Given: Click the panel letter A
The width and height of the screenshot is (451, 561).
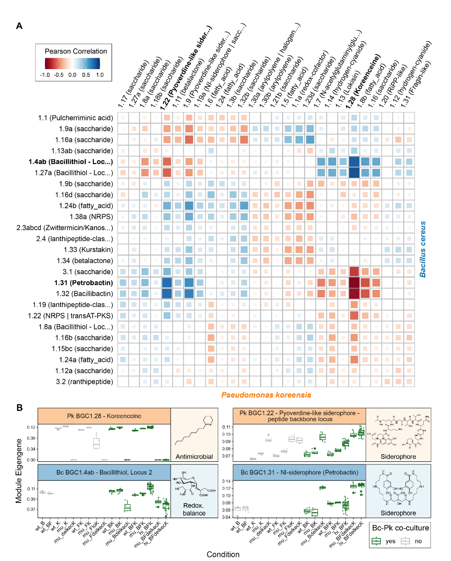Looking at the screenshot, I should [x=19, y=26].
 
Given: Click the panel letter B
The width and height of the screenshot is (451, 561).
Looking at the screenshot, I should [x=19, y=408].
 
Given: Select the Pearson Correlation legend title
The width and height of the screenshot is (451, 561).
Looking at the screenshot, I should [x=76, y=51].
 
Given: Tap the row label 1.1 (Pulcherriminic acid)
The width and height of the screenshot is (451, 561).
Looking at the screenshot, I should [x=78, y=117].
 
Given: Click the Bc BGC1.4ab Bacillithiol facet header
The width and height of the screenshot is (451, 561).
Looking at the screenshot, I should [x=103, y=472].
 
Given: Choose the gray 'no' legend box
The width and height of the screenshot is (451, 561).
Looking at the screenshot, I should [x=410, y=541].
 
